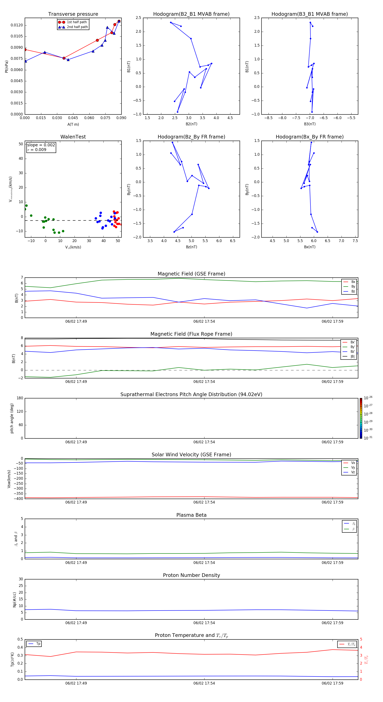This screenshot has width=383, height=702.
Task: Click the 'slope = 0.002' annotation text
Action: (x=41, y=145)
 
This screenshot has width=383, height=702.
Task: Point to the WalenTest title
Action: (x=73, y=137)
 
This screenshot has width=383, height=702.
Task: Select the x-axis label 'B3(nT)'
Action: (x=310, y=124)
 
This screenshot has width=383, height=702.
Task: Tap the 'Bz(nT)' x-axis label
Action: (x=191, y=247)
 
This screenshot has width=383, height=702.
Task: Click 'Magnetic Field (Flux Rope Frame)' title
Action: (x=191, y=334)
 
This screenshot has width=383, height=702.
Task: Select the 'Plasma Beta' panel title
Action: (x=191, y=515)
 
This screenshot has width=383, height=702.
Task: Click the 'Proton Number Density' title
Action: (x=191, y=575)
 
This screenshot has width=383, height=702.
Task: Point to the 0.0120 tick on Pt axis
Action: (x=17, y=25)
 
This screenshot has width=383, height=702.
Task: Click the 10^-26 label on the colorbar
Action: (x=368, y=398)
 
